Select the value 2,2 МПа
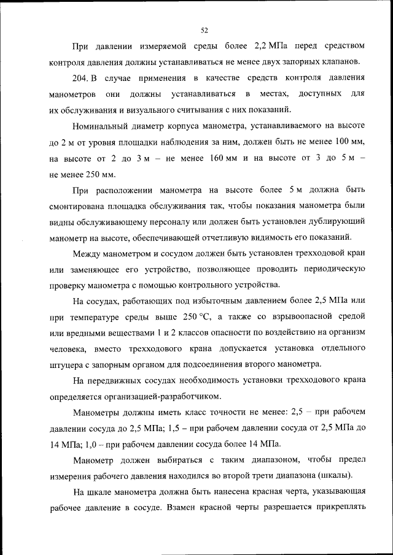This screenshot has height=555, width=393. [267, 46]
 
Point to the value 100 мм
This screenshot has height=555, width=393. [349, 142]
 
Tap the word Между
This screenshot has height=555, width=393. [87, 253]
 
